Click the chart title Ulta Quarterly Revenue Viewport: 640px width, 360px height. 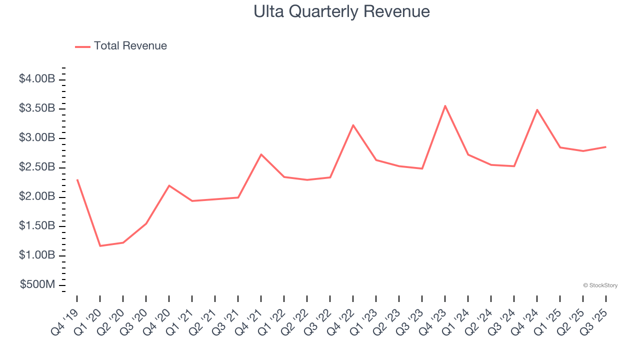(x=341, y=11)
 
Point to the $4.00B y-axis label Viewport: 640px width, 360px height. (x=37, y=79)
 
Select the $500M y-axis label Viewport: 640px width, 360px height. (x=37, y=285)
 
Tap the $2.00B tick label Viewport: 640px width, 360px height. (x=37, y=197)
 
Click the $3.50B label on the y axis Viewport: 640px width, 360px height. (x=37, y=108)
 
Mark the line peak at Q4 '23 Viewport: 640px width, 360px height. (x=445, y=105)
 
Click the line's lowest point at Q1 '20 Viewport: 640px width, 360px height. (x=100, y=246)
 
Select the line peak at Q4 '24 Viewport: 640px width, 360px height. (x=537, y=109)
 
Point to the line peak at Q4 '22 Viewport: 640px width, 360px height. (x=353, y=125)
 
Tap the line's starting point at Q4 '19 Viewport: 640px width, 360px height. (x=77, y=179)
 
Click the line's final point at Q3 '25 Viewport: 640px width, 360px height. (x=606, y=147)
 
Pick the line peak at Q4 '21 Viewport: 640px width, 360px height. (x=261, y=154)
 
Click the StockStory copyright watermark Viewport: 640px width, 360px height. (x=600, y=285)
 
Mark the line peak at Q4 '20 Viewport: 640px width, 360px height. (x=169, y=185)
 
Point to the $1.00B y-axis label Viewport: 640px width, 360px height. (x=37, y=255)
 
